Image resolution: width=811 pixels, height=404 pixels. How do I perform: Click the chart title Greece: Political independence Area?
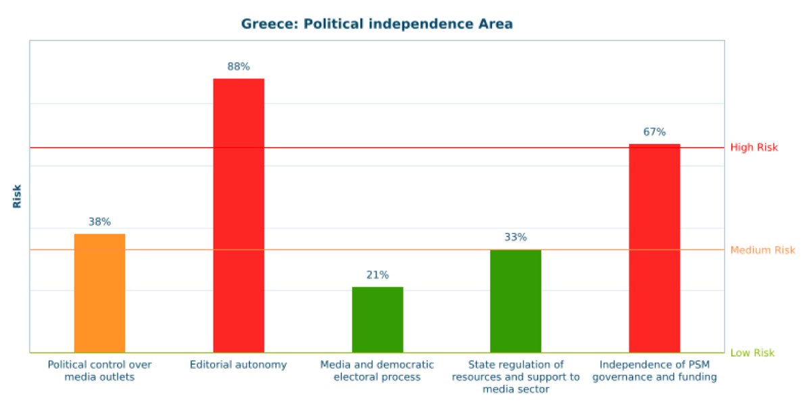point(377,24)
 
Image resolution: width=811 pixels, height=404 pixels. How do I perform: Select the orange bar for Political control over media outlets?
point(99,293)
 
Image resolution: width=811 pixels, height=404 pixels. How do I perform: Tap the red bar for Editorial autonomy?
point(239,215)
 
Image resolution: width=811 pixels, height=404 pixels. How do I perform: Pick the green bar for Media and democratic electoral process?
point(377,320)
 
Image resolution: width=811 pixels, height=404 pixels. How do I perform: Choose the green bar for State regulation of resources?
point(516,301)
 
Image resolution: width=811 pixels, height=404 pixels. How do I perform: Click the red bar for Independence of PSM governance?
point(654,248)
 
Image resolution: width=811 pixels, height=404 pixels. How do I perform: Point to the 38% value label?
point(99,222)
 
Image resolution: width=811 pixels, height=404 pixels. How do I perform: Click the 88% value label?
point(239,66)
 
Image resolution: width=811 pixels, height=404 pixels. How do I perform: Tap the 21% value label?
point(377,275)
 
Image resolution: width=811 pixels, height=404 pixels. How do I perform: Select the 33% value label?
point(516,237)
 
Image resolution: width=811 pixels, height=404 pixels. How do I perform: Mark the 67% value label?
point(654,132)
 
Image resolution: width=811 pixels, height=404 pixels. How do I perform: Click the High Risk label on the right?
point(754,147)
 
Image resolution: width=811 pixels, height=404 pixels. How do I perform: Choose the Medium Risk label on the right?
point(762,250)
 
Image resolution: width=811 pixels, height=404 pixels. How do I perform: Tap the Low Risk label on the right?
point(752,353)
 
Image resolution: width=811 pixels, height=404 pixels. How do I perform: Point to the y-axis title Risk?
point(18,196)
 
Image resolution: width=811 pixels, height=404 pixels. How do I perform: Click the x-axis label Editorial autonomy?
point(239,365)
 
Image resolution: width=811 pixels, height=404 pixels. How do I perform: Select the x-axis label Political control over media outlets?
point(99,371)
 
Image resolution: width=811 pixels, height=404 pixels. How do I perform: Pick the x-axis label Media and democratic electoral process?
point(377,371)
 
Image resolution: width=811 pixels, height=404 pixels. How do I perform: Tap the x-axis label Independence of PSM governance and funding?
point(654,371)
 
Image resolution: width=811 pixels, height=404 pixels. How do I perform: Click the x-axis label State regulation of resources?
point(516,377)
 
